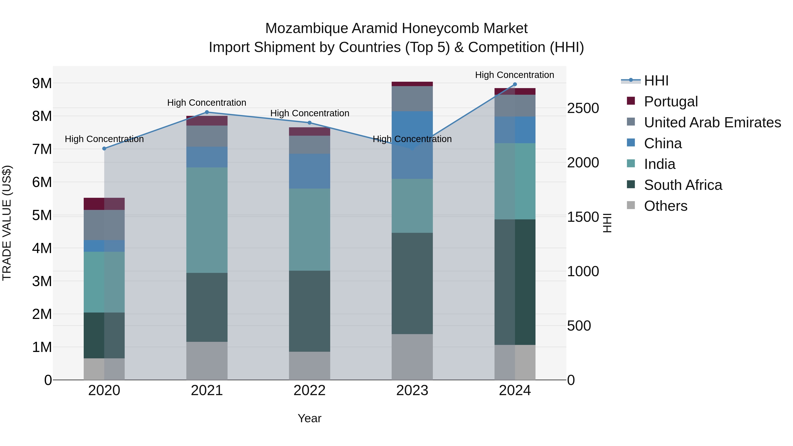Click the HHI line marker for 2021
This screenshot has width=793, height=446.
click(x=207, y=112)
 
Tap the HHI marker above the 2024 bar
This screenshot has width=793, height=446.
click(x=515, y=84)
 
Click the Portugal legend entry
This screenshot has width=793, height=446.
click(x=671, y=102)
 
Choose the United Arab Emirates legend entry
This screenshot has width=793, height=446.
click(x=712, y=122)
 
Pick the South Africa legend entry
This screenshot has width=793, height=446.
click(x=683, y=185)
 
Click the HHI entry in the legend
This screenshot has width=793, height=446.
click(x=656, y=81)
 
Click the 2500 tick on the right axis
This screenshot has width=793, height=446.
click(x=583, y=108)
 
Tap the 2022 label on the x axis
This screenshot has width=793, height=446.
click(x=309, y=390)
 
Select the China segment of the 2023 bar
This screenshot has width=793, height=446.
click(x=412, y=145)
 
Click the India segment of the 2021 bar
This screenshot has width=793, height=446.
click(x=207, y=220)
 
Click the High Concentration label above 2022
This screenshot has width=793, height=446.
click(x=309, y=113)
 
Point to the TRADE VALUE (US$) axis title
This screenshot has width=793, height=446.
click(x=7, y=223)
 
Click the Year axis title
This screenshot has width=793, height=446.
click(x=309, y=418)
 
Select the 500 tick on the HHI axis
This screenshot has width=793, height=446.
click(x=579, y=326)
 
